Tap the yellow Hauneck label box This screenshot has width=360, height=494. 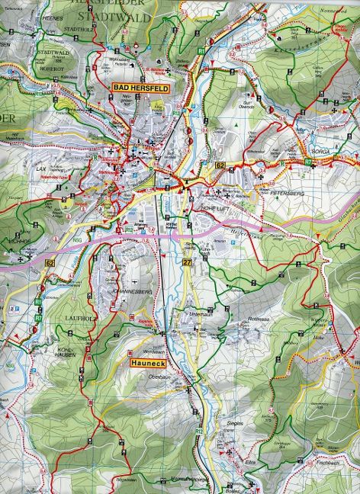[x=145, y=364]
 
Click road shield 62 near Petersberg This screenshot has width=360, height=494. [x=220, y=165]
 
